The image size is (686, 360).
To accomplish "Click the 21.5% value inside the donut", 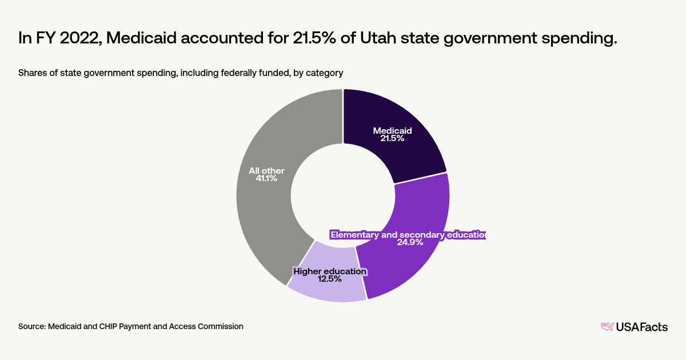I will coord(392,138).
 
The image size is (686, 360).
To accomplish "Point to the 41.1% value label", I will coord(266,178).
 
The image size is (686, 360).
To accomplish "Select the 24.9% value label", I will coord(410,242).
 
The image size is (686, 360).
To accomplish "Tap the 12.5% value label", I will coord(330,279).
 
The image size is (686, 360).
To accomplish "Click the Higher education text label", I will coord(330,271).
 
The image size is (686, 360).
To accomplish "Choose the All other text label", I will coord(266,170).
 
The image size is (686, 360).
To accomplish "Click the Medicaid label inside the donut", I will coord(392,130).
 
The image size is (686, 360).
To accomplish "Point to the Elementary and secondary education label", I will coord(408,234).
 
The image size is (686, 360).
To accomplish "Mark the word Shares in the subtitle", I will coord(32,73).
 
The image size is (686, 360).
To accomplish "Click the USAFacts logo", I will coord(634,327).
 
